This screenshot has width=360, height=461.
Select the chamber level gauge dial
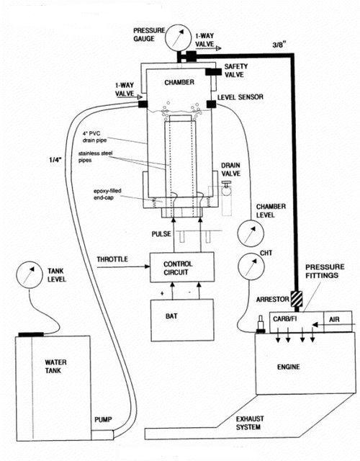(x=248, y=233)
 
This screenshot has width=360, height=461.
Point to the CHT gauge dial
(x=248, y=267)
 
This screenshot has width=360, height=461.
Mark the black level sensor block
(x=211, y=105)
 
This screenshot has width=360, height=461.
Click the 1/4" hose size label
(x=55, y=160)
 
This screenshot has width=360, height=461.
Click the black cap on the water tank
(x=32, y=334)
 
